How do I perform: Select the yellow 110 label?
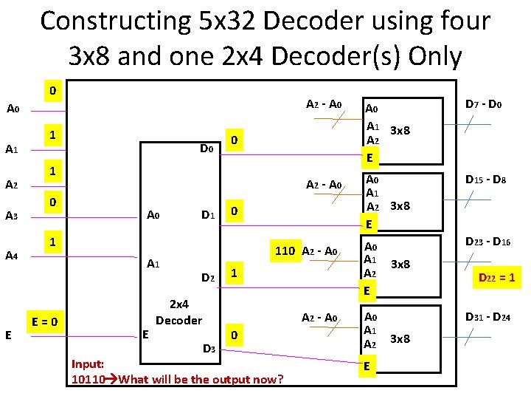pos(285,250)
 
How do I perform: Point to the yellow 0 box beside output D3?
pos(233,335)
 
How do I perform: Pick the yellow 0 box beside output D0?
pos(233,140)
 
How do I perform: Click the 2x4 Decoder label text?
pos(178,312)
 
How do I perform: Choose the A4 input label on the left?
pos(12,256)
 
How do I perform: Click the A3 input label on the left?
pos(12,216)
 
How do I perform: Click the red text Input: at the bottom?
pos(88,364)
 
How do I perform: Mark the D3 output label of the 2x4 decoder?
pos(208,347)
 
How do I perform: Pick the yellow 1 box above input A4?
pos(52,242)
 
